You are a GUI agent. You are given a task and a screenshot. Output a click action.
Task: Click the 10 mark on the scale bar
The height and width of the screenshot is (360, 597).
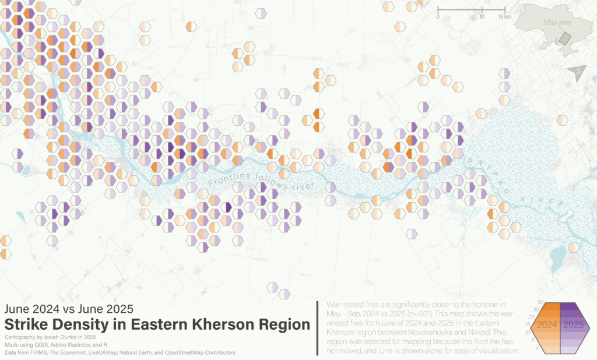click(482, 17)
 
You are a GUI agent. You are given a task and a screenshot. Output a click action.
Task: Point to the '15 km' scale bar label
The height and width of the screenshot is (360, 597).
click(505, 17)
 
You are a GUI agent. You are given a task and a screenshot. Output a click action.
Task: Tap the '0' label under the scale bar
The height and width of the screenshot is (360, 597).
click(438, 17)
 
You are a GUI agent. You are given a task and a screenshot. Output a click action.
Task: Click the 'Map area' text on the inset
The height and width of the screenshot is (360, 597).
click(556, 22)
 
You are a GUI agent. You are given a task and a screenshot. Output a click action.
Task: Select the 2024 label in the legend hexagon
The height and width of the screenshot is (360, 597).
click(548, 325)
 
